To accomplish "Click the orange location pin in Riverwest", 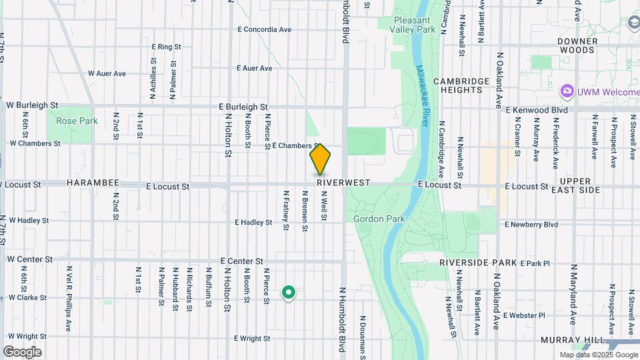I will (320, 159).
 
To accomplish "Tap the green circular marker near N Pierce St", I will (289, 292).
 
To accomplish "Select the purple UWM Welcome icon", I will (567, 91).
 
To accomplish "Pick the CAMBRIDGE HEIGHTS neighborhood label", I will (461, 85).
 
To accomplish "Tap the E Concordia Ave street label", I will (265, 30).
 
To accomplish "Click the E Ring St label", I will (167, 47).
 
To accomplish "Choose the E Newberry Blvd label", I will (531, 225).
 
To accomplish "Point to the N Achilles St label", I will (153, 74).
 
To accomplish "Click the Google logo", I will (22, 352).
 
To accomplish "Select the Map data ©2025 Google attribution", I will (597, 355).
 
